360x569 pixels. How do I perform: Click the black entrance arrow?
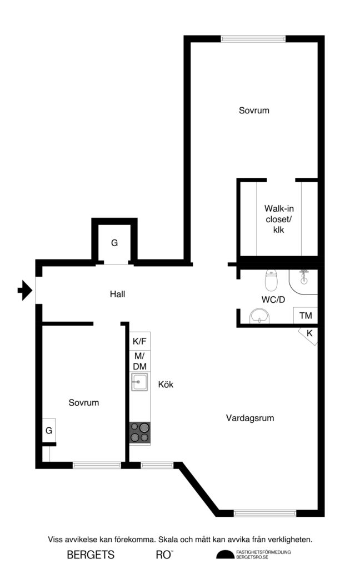click(x=23, y=291)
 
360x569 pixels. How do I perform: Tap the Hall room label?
click(x=117, y=294)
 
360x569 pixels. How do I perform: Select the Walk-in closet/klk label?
click(x=278, y=218)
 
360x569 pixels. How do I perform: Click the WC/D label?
click(x=273, y=300)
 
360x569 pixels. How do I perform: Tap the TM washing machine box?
click(x=306, y=316)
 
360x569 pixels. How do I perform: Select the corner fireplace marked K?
click(x=309, y=335)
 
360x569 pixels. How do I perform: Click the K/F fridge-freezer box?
click(x=140, y=341)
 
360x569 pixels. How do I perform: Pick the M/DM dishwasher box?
click(x=140, y=361)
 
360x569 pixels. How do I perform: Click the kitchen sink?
click(x=139, y=382)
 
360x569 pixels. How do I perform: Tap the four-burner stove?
click(x=140, y=432)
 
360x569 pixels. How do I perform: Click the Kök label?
click(x=166, y=384)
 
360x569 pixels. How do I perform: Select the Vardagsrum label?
click(x=250, y=418)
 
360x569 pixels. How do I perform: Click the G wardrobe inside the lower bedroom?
click(x=49, y=430)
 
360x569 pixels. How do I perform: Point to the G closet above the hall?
click(x=114, y=243)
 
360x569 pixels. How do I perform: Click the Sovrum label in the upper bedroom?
click(x=254, y=111)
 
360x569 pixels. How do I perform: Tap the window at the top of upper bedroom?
click(x=253, y=39)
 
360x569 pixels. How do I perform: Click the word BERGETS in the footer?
click(x=91, y=554)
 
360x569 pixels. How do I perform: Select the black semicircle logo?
click(x=225, y=554)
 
